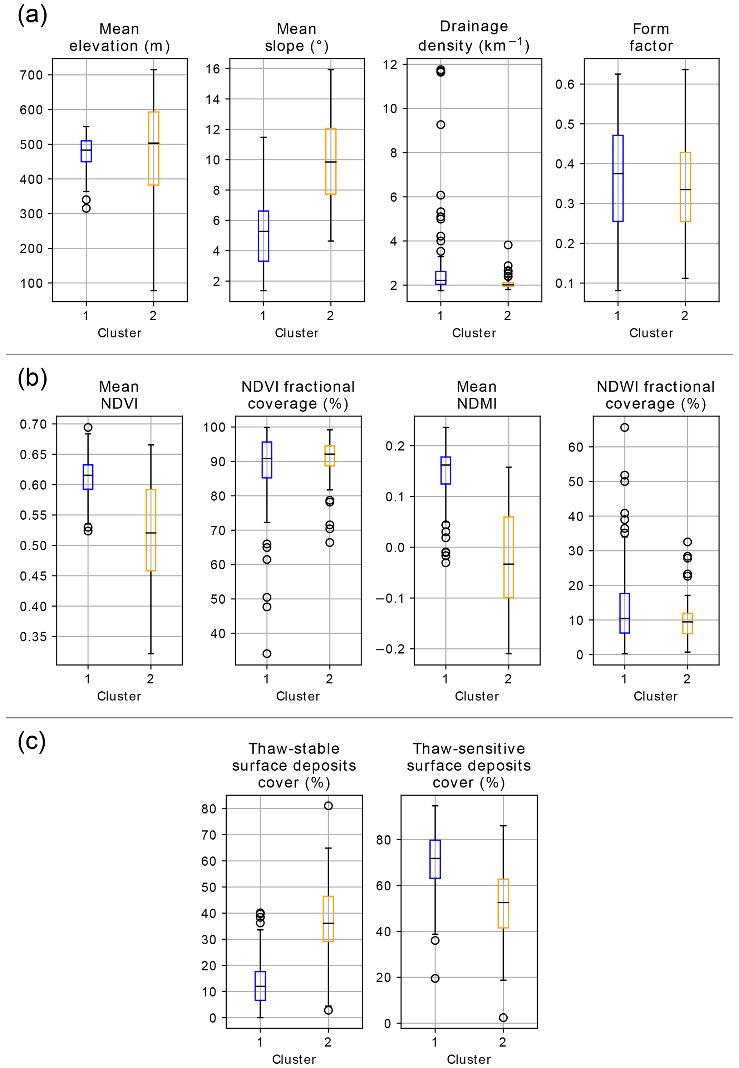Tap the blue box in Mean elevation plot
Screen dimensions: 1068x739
tap(86, 152)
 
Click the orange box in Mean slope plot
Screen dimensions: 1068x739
tap(331, 161)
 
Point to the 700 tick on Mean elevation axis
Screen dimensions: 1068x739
tap(31, 75)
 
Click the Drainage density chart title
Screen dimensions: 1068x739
tap(474, 36)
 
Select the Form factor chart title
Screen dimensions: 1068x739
tap(651, 38)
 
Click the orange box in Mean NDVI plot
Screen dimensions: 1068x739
tap(151, 530)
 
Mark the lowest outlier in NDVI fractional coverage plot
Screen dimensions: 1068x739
tap(267, 654)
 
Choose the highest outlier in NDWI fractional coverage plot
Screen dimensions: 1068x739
tap(624, 427)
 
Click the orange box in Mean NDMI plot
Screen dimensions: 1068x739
tap(508, 557)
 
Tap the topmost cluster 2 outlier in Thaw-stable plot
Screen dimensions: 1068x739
tap(328, 806)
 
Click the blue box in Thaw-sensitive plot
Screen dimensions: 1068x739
tap(435, 859)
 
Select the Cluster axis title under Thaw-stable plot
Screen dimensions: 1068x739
tap(294, 1059)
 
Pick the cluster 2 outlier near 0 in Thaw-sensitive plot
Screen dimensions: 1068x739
tap(503, 1018)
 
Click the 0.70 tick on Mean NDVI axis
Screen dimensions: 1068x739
tap(33, 424)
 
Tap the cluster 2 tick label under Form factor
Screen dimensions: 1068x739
tap(684, 316)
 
